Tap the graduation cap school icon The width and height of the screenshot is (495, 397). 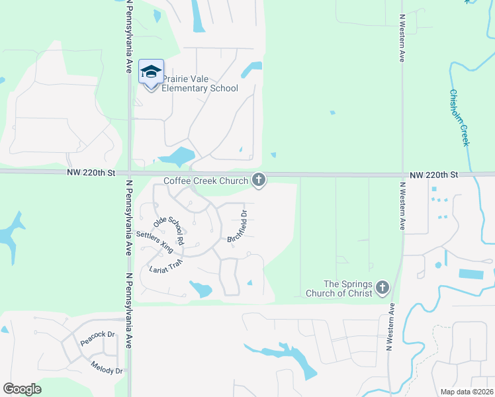click(151, 71)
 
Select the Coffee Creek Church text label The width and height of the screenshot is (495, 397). click(206, 181)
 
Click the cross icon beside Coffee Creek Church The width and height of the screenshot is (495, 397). click(259, 179)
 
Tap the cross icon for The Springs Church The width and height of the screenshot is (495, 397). click(382, 288)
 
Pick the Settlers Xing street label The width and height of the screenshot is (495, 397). click(154, 243)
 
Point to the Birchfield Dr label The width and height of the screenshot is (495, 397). click(238, 227)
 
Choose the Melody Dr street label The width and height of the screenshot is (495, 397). click(107, 367)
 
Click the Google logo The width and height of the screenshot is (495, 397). click(22, 388)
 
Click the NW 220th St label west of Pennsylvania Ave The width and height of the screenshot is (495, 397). click(91, 173)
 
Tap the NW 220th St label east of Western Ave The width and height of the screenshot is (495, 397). click(434, 175)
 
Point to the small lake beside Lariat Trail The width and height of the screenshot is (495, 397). click(201, 288)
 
